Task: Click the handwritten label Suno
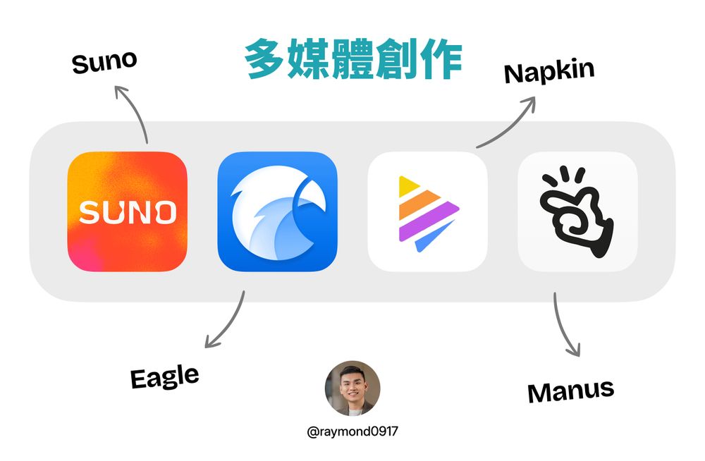[104, 62]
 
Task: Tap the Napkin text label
[549, 72]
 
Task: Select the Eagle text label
[164, 377]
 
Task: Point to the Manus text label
[570, 391]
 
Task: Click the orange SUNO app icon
[127, 211]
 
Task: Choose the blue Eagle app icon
[277, 211]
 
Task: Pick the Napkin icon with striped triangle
[428, 211]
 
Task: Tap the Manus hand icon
[578, 211]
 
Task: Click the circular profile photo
[352, 388]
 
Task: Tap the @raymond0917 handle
[352, 431]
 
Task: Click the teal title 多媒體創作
[353, 59]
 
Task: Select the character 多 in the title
[265, 59]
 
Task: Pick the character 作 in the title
[441, 59]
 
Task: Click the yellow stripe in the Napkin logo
[407, 186]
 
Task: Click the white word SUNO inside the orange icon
[128, 212]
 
